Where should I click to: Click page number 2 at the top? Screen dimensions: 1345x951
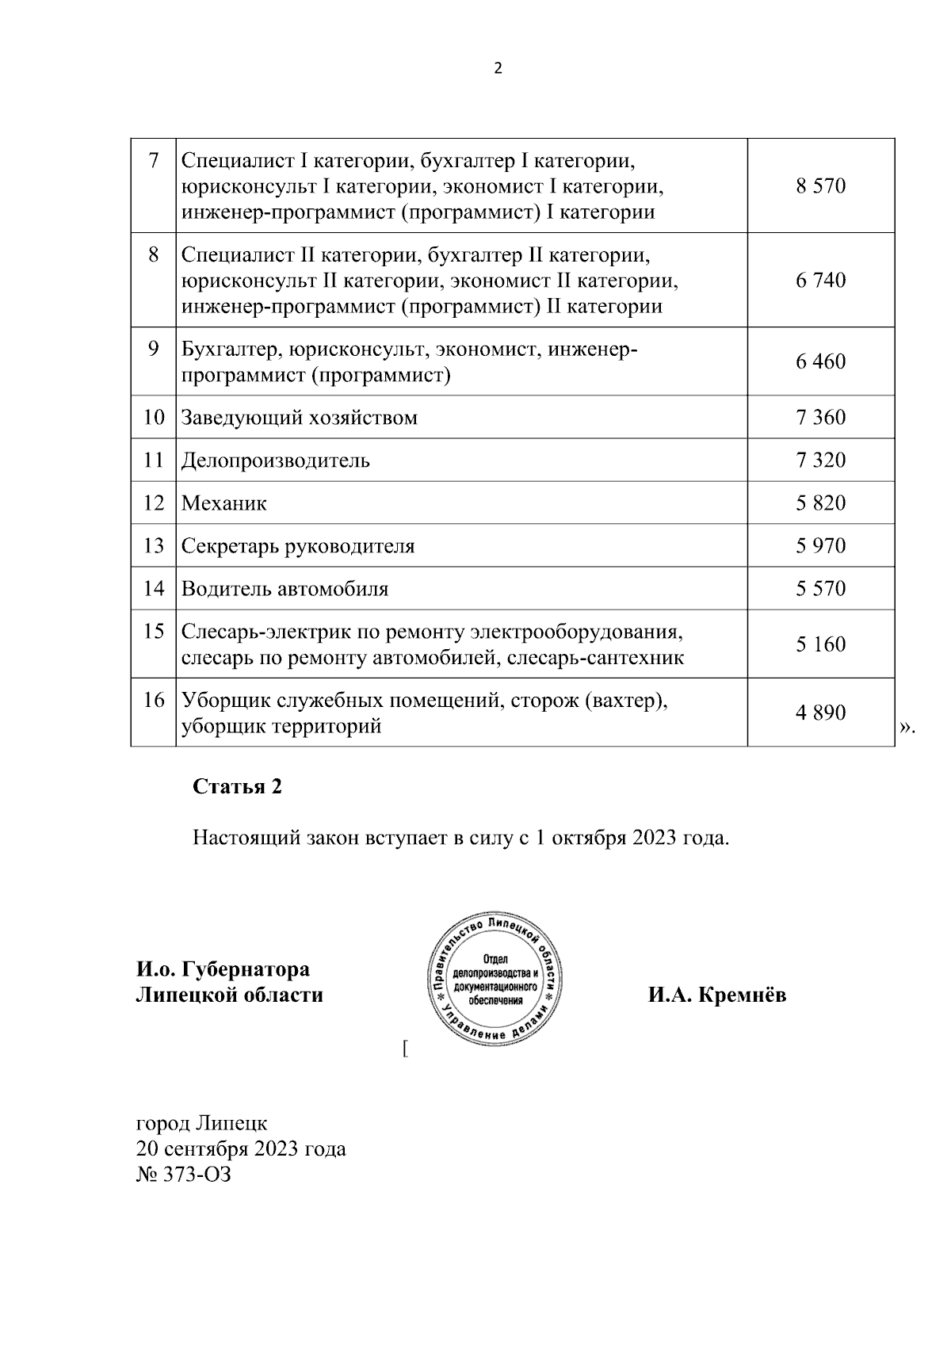pyautogui.click(x=498, y=69)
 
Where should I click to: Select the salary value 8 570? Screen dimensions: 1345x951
pyautogui.click(x=821, y=187)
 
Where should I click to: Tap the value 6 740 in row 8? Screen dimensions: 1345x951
pyautogui.click(x=821, y=281)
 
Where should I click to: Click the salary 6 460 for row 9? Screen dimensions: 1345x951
pyautogui.click(x=821, y=362)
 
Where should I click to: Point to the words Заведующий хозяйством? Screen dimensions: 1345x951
pyautogui.click(x=300, y=418)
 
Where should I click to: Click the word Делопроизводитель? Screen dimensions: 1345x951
pyautogui.click(x=275, y=460)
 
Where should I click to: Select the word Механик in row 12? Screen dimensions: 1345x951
pyautogui.click(x=224, y=503)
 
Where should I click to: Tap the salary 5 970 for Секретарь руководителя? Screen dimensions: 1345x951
pyautogui.click(x=821, y=546)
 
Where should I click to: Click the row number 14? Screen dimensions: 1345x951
pyautogui.click(x=154, y=589)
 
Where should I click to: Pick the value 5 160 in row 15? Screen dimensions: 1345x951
pyautogui.click(x=821, y=644)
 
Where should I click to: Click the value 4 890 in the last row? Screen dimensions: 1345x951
pyautogui.click(x=821, y=713)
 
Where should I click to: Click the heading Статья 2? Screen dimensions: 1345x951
pyautogui.click(x=237, y=787)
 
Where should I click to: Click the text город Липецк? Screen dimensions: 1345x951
pyautogui.click(x=202, y=1123)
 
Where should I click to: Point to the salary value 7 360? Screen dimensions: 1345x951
pyautogui.click(x=821, y=418)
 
